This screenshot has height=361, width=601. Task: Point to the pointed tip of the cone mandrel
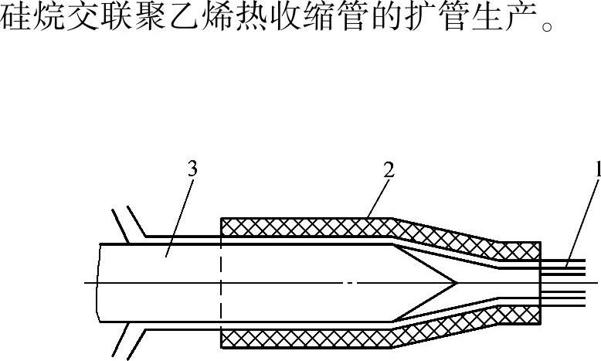[458, 283]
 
